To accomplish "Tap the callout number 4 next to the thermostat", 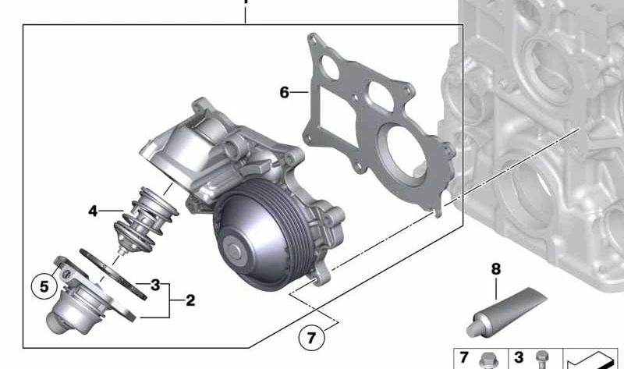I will tap(93, 211).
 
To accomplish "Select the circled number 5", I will tap(44, 287).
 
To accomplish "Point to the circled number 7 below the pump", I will tap(311, 338).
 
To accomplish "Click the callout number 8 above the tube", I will tap(495, 270).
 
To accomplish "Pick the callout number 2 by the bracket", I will tap(190, 300).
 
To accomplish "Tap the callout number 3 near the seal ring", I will tap(155, 285).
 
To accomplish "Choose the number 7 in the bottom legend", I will tap(464, 358).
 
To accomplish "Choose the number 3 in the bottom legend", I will tap(519, 358).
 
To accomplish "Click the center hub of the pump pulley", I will tap(234, 250).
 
